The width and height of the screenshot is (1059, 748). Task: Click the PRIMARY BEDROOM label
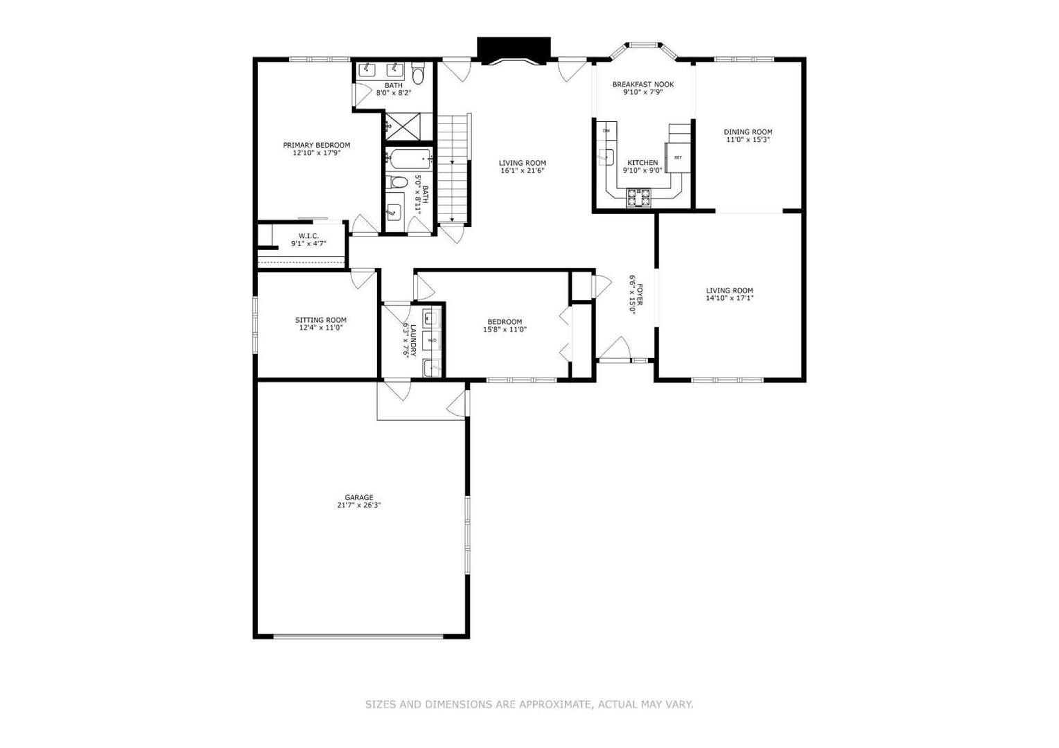click(x=316, y=145)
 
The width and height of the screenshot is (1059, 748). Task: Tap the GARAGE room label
click(x=359, y=497)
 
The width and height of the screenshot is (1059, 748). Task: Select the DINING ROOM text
click(x=748, y=132)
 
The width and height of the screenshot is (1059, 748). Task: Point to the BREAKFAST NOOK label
click(x=642, y=84)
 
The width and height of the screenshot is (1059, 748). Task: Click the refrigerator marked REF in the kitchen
click(x=676, y=157)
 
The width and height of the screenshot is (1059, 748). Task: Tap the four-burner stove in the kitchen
click(x=639, y=198)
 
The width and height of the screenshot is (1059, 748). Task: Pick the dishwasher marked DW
click(x=606, y=130)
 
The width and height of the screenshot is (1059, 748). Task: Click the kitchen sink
click(x=606, y=157)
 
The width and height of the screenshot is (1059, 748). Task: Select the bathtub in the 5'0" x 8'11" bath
click(x=409, y=160)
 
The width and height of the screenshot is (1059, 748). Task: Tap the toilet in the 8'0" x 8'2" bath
click(x=417, y=74)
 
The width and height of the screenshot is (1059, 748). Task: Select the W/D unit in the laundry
click(x=432, y=341)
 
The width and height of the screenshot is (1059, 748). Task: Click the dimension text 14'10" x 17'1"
click(x=729, y=299)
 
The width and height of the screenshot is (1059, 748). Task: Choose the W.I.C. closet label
click(x=308, y=235)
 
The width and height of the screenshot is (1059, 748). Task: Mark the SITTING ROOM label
click(x=320, y=320)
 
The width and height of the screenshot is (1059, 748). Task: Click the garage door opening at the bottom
click(x=359, y=635)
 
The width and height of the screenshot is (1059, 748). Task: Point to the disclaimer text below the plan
click(x=529, y=704)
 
